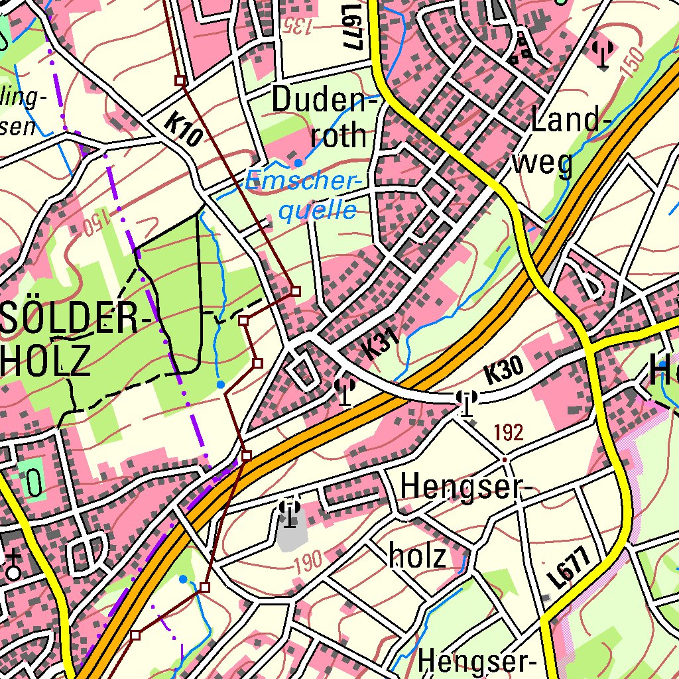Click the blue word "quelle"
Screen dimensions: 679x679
click(317, 211)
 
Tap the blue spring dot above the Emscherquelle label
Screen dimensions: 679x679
click(298, 162)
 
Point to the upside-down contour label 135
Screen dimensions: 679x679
click(299, 26)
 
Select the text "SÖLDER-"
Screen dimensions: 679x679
click(74, 317)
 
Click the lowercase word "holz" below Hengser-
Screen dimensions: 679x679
click(418, 556)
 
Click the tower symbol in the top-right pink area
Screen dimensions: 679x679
click(602, 54)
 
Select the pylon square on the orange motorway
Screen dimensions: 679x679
click(247, 456)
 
